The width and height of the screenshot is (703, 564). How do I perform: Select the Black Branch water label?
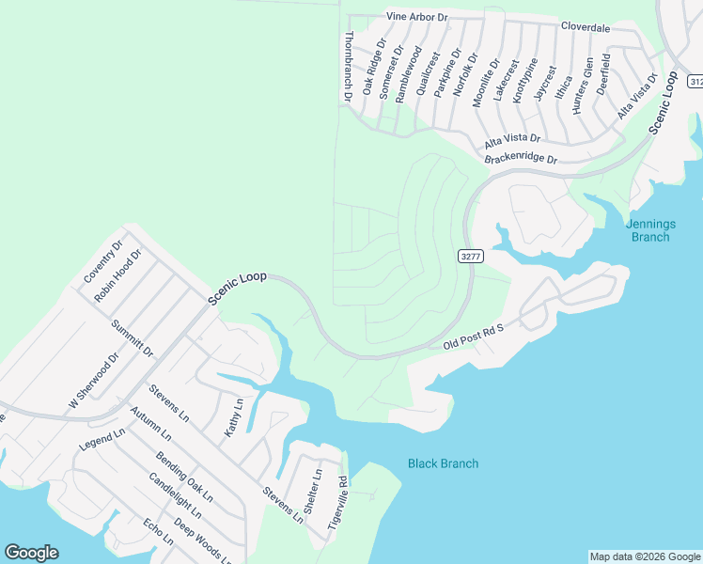(443, 463)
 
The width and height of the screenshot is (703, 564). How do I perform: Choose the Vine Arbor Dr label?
(417, 17)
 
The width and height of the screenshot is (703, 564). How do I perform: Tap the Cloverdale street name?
(586, 28)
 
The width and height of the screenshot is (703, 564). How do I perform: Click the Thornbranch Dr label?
(348, 66)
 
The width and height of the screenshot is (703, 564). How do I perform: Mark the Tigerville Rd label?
(338, 503)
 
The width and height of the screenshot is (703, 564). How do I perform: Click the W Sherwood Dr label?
(90, 381)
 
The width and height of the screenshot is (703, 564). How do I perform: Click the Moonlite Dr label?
(481, 80)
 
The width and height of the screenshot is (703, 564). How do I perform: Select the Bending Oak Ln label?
(184, 477)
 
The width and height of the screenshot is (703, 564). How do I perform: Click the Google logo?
(31, 553)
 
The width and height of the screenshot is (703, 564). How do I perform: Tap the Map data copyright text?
(645, 556)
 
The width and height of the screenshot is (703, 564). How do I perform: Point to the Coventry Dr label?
(103, 262)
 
